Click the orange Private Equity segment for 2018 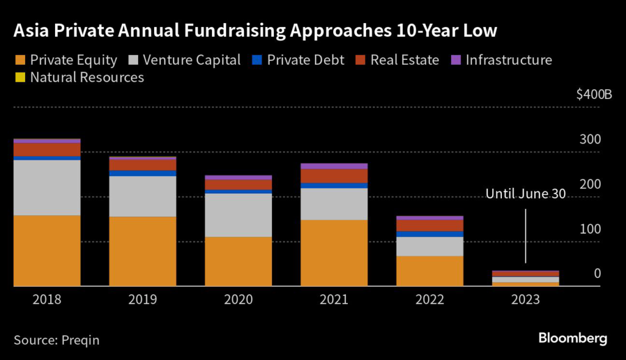[47, 251]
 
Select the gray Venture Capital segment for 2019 [142, 196]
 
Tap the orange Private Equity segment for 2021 [334, 252]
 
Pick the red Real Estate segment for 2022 [430, 226]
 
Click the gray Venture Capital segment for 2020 [238, 215]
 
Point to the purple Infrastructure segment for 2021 [334, 166]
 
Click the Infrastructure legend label [509, 60]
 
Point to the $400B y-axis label [594, 95]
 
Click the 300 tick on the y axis [591, 139]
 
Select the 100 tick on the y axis [591, 229]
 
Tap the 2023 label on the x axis [525, 299]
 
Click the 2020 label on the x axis [238, 299]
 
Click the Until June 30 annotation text [526, 194]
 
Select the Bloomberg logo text [572, 338]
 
